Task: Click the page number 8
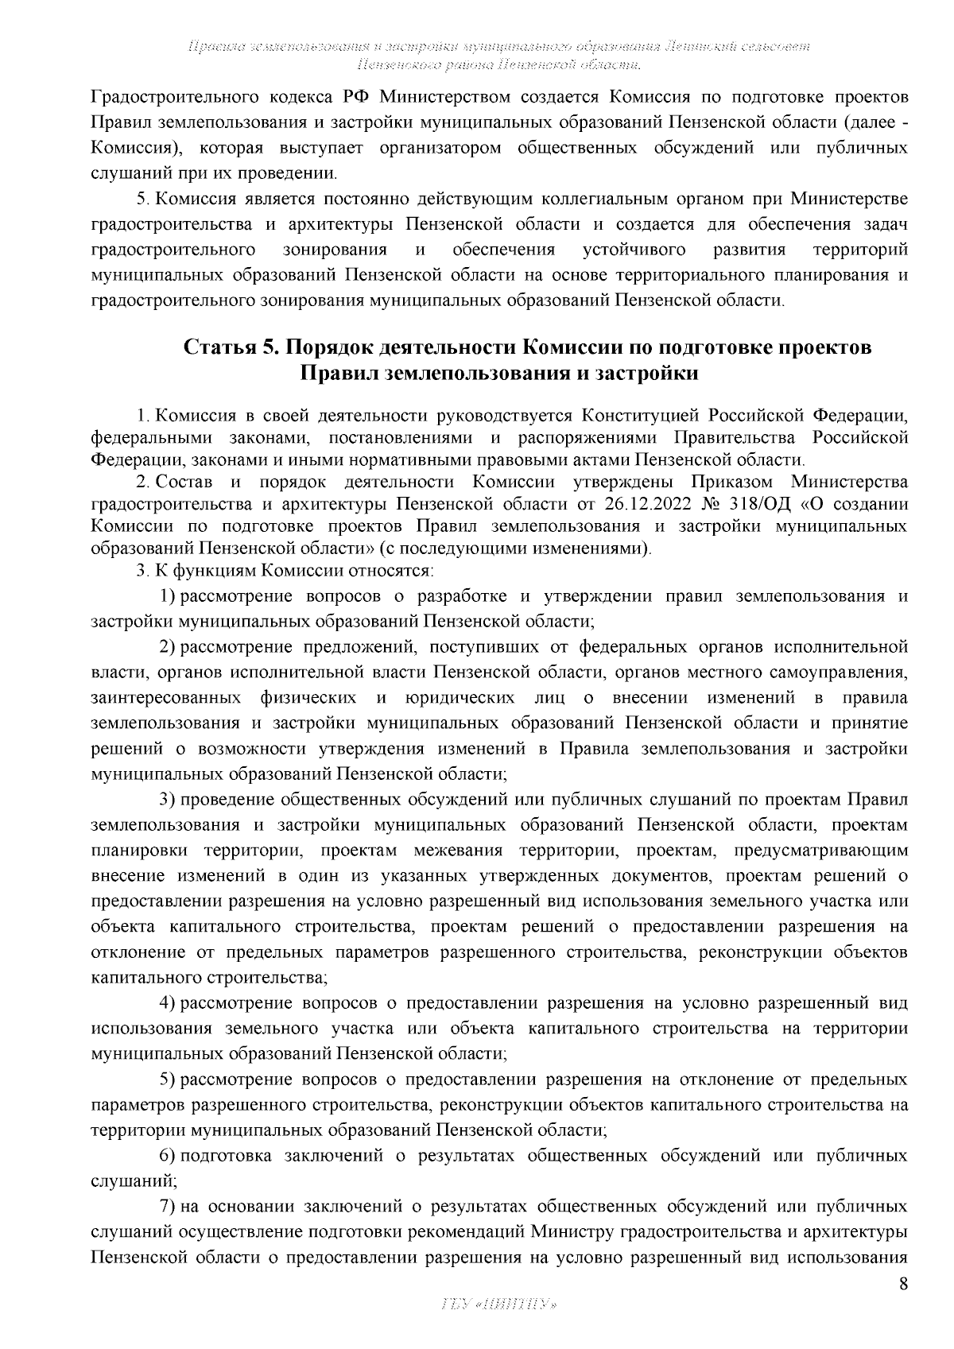tap(902, 1285)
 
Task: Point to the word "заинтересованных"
tap(167, 699)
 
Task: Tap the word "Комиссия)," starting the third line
tap(134, 149)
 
